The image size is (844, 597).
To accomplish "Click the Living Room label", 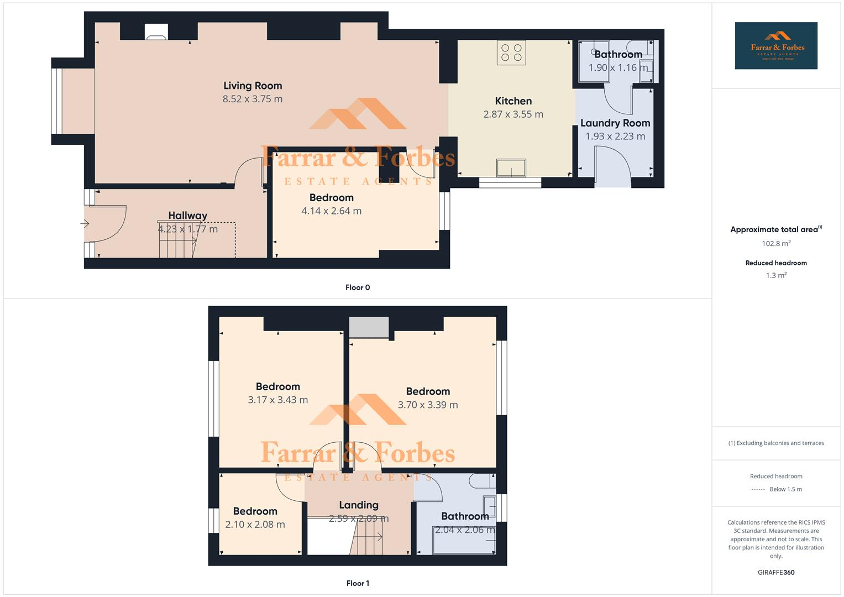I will click(253, 86).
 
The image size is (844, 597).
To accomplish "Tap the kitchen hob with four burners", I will click(511, 53).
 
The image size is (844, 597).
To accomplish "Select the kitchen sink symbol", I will click(511, 167).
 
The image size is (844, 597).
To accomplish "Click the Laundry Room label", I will click(615, 123).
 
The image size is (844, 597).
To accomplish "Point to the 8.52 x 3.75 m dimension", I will click(253, 99).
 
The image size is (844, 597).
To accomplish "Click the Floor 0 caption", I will click(358, 287).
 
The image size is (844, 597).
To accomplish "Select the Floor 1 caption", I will click(358, 583).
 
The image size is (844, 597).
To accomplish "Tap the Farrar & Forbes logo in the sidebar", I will click(776, 46).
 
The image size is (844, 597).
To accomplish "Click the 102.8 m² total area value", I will click(776, 243).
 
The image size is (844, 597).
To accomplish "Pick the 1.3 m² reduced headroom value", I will click(776, 275).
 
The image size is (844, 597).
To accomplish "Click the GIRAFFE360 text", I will click(776, 573).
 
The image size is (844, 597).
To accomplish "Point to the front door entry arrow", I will click(85, 224).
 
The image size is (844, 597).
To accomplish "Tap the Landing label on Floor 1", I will click(359, 505).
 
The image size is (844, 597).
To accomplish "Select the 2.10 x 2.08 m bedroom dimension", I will click(255, 525).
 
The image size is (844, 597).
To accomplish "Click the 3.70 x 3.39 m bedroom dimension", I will click(428, 405).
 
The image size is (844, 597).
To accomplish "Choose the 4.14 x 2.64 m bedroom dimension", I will click(332, 211).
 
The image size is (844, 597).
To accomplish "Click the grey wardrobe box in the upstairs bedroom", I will click(369, 327).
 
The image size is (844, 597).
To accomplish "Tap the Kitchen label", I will click(513, 101).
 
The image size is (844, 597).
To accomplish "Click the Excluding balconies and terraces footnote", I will click(776, 443).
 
